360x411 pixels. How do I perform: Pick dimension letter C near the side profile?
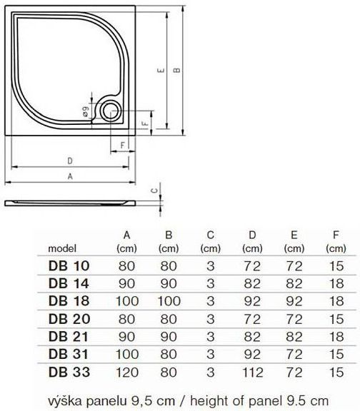(154, 191)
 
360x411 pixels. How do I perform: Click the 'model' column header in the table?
(62, 249)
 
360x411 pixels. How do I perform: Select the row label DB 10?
(69, 265)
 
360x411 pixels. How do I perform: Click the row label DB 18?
(69, 300)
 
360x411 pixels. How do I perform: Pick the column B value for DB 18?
(169, 300)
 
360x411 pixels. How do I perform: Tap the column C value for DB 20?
(210, 318)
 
